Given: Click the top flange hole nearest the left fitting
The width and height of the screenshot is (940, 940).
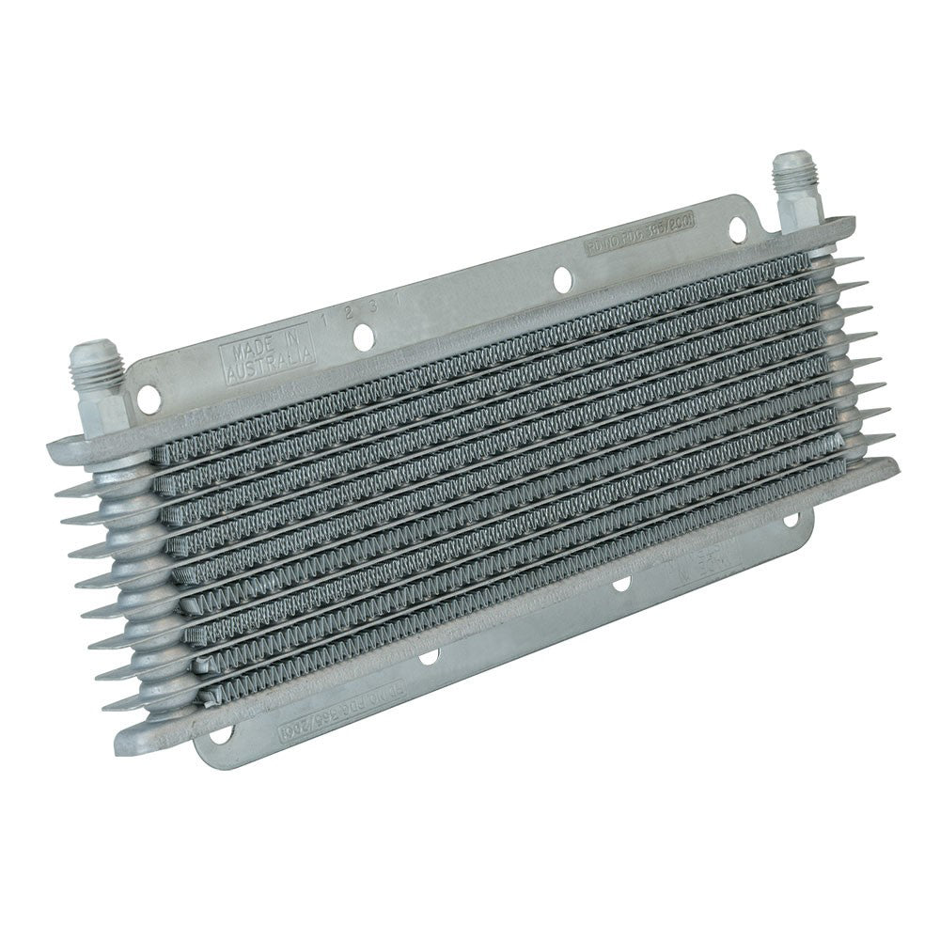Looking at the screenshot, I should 149,400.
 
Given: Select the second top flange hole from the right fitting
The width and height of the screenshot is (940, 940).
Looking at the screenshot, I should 563,278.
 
